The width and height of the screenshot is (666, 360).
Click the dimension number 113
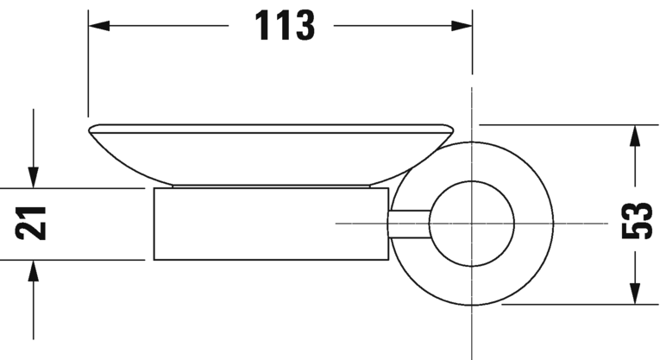tap(282, 26)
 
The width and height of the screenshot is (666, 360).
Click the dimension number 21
tap(32, 224)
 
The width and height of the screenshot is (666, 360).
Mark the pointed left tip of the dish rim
tap(91, 129)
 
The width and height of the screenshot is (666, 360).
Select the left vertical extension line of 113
tap(88, 69)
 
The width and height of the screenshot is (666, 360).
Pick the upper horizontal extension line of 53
tap(561, 125)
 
